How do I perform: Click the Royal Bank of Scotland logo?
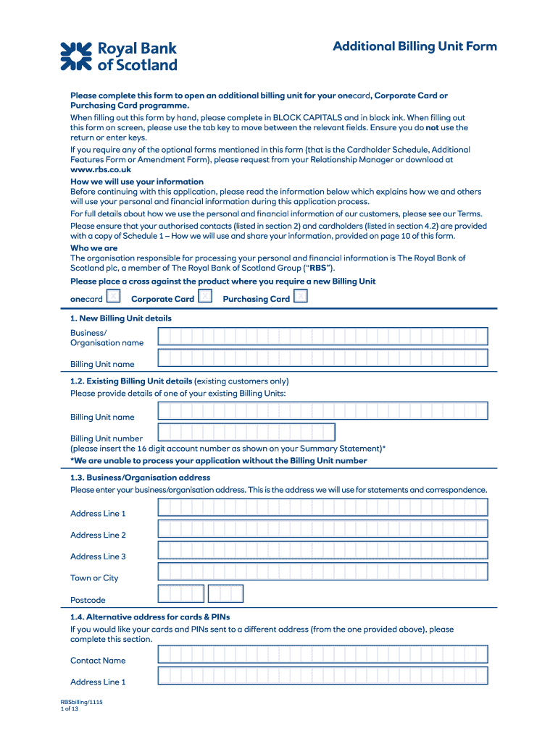point(119,56)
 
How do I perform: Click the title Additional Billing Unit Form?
point(415,46)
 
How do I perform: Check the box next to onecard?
point(113,296)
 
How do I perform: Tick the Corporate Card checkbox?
point(205,296)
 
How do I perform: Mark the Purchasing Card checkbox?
point(300,296)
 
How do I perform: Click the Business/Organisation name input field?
point(322,336)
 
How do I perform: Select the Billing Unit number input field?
point(246,433)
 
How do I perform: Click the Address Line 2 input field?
point(322,529)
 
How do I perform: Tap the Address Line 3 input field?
point(322,551)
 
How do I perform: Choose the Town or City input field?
point(322,572)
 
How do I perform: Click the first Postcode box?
point(181,594)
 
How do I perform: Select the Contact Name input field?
point(322,655)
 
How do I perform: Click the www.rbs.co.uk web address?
point(101,169)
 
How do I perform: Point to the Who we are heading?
point(93,248)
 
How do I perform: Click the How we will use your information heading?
point(137,182)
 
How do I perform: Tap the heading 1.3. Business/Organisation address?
point(141,478)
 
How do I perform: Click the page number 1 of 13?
point(70,709)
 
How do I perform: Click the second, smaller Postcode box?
point(225,594)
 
